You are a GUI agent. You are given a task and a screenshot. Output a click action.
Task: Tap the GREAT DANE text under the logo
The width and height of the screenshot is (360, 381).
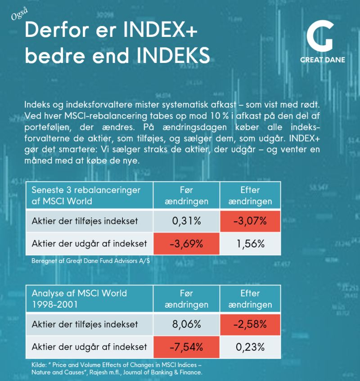point(323,60)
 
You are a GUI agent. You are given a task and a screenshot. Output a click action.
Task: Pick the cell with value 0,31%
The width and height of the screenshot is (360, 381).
point(186,221)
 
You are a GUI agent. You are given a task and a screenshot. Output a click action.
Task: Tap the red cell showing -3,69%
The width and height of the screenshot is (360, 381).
point(186,244)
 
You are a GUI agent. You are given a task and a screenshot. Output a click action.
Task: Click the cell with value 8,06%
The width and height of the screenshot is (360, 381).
point(186,324)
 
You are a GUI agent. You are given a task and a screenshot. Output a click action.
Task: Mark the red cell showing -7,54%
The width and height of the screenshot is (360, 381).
point(186,347)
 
